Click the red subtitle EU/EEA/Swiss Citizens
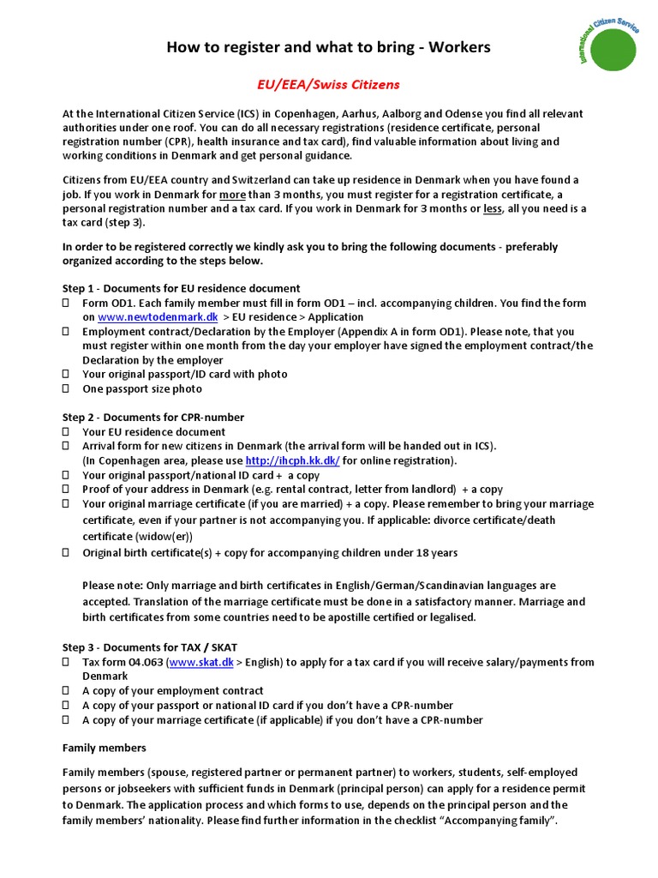328,85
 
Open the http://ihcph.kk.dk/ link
292,460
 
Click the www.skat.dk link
202,662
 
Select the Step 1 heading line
181,288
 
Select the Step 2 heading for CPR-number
153,418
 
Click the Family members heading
105,748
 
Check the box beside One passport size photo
66,389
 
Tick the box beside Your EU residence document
66,432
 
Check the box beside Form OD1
66,304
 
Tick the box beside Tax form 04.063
66,662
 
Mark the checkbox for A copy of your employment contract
66,691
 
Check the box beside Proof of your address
66,490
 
